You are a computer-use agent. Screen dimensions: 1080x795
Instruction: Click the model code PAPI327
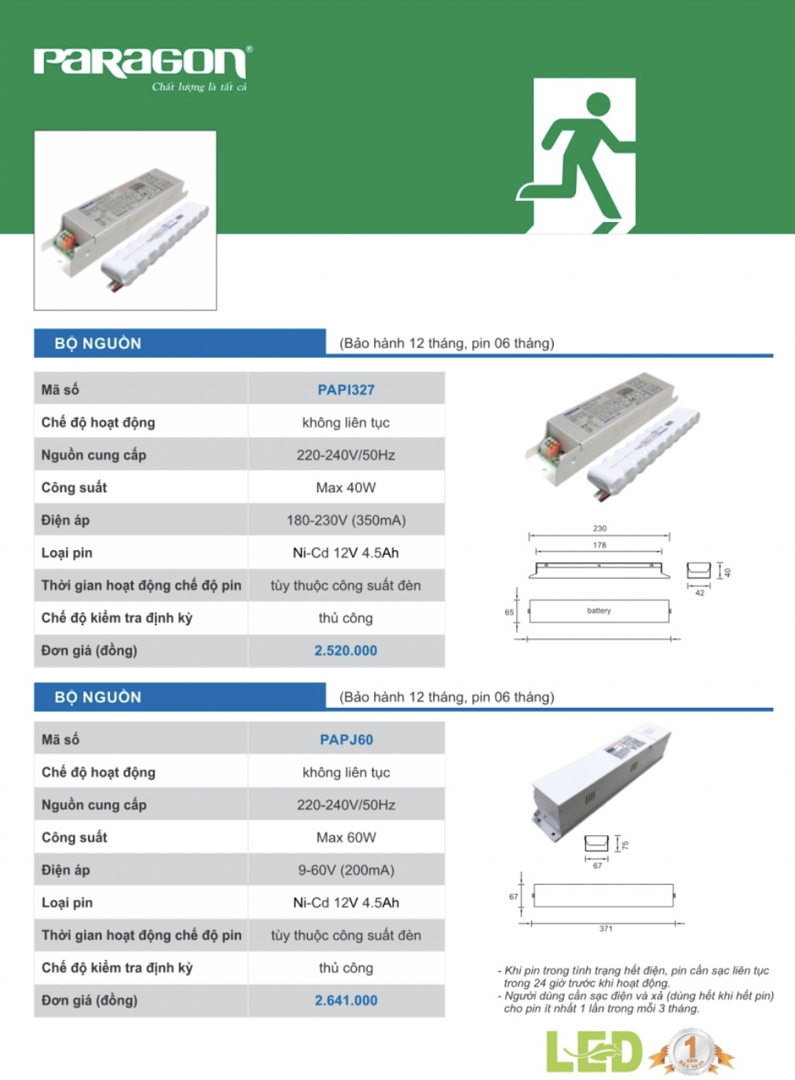(346, 390)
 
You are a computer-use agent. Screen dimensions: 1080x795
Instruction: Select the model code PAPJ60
(346, 739)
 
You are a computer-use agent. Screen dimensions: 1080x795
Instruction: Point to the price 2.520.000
(346, 651)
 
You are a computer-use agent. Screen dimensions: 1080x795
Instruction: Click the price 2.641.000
(346, 1001)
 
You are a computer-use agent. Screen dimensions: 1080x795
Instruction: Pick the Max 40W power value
(346, 487)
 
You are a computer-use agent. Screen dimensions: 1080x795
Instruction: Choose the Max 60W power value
(346, 837)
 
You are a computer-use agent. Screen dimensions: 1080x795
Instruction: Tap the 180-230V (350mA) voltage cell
(346, 520)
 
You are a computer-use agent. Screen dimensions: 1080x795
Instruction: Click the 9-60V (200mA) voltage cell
(346, 870)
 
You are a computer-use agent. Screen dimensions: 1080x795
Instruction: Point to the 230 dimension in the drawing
(599, 528)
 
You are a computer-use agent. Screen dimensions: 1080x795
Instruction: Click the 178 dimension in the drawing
(599, 545)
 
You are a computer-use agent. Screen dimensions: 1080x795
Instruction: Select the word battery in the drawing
(599, 611)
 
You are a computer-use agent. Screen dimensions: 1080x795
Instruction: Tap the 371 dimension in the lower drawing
(606, 929)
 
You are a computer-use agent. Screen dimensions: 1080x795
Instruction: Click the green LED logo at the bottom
(594, 1052)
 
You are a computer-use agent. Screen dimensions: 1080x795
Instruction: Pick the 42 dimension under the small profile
(699, 593)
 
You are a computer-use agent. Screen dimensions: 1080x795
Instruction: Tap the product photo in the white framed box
(125, 221)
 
